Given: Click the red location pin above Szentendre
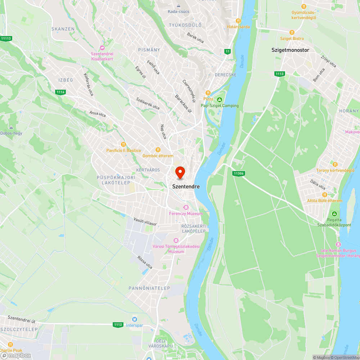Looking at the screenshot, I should click(x=180, y=172).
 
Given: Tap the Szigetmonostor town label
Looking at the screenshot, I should click(x=290, y=50).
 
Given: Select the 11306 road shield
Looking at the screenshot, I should click(x=239, y=174).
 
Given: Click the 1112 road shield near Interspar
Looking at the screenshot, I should click(x=118, y=324).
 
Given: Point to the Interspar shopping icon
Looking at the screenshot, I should click(x=134, y=319).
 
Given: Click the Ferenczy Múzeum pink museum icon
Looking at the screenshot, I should click(x=186, y=207).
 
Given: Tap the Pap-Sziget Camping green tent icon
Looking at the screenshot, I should click(x=220, y=99).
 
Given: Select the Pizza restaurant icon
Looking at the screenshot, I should click(x=208, y=93).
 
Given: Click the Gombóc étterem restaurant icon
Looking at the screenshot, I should click(x=158, y=149).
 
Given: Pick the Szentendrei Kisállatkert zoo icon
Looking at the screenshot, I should click(x=102, y=48).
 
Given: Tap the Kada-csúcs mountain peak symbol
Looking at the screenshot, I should click(x=179, y=5).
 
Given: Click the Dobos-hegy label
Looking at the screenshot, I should click(x=11, y=133).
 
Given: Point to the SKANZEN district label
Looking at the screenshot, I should click(x=63, y=29).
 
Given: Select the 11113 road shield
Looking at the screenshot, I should click(x=6, y=39).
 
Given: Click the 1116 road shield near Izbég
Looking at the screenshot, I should click(x=60, y=92).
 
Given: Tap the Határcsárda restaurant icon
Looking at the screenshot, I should click(x=238, y=21).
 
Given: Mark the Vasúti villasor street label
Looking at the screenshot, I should click(x=145, y=221).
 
